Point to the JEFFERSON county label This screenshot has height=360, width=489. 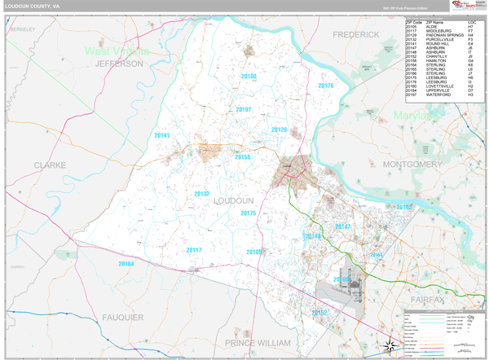coord(119,63)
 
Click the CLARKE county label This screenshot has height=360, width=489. coord(50,165)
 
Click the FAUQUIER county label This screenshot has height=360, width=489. coord(123,317)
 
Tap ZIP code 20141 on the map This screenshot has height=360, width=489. coord(162,135)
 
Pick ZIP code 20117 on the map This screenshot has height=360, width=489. coord(194,250)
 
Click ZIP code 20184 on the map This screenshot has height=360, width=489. coord(126,264)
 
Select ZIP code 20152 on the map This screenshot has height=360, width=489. coord(319,313)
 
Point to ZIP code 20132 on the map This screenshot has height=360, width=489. coord(202,194)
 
